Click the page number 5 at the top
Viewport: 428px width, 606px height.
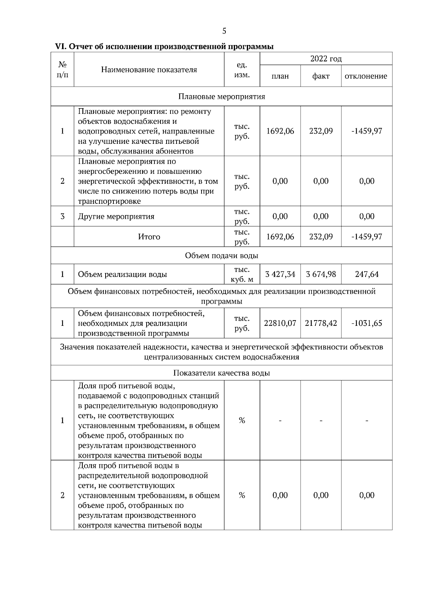click(x=224, y=31)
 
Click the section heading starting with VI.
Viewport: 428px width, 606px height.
click(x=164, y=46)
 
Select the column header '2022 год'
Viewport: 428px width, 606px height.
click(x=326, y=59)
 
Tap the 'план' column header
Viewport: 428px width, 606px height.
click(x=280, y=76)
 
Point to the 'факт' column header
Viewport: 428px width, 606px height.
click(x=321, y=76)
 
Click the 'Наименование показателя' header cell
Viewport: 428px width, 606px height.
click(x=149, y=70)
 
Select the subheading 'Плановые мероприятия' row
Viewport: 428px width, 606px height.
click(x=221, y=97)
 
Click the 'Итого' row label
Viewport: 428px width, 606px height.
click(x=149, y=237)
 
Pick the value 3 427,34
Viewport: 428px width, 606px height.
click(x=280, y=274)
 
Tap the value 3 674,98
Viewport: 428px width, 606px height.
click(x=321, y=274)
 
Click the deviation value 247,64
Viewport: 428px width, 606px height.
click(x=367, y=274)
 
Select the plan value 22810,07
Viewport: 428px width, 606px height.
click(x=280, y=323)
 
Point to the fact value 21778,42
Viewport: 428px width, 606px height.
click(x=321, y=323)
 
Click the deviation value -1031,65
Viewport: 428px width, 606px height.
click(x=367, y=323)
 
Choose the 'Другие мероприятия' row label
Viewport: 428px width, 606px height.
click(x=116, y=216)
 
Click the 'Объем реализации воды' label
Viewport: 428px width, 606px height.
click(x=122, y=274)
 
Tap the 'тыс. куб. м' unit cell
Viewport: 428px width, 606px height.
click(x=242, y=274)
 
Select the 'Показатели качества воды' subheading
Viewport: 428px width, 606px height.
click(x=221, y=373)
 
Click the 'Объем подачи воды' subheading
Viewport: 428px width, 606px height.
click(x=221, y=256)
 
